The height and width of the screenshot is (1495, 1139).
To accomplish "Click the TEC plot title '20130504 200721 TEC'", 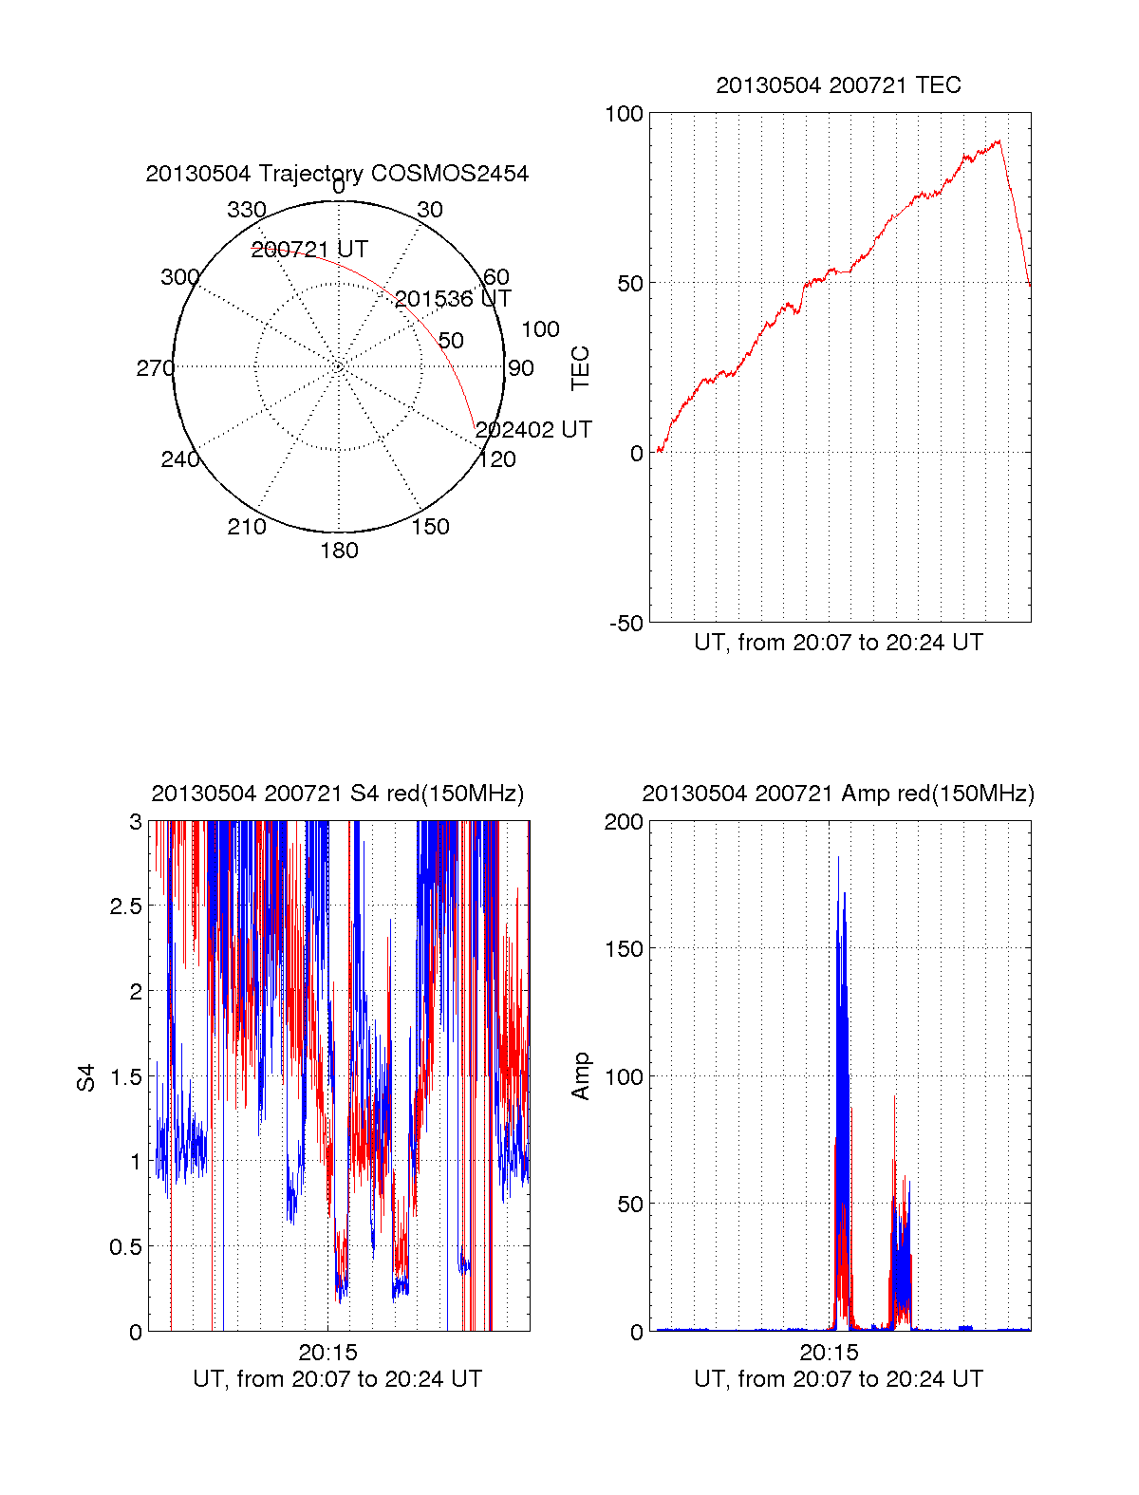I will coord(838,85).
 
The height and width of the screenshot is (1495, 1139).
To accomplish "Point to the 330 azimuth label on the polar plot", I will coord(247,210).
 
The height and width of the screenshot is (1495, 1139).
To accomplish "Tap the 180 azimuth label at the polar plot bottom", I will coord(339,551).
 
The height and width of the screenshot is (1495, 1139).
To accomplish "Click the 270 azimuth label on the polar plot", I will coord(156,368).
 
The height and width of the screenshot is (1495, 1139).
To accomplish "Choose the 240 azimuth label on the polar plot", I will coord(180,459).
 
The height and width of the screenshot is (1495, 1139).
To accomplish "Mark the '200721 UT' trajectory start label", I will coord(309,250).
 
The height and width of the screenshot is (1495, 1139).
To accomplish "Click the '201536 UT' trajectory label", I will coord(453,299).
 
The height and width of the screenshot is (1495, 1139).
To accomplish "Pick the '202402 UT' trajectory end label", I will coord(533,430).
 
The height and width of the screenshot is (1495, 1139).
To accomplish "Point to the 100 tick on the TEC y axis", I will coord(624,115).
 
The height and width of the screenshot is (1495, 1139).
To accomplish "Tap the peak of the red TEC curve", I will coord(998,141).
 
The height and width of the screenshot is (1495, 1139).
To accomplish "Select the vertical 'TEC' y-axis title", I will coord(580,368).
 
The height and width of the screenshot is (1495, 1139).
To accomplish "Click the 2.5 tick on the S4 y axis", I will coord(125,906).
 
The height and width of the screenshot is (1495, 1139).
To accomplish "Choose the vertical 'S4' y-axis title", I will coord(86,1077).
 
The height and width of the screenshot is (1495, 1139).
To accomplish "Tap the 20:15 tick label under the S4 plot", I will coord(327,1352).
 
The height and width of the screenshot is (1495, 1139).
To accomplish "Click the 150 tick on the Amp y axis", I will coord(624,949).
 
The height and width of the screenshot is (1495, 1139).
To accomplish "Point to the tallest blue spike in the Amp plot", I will coord(838,858).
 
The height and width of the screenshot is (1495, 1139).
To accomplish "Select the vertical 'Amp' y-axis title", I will coord(580,1076).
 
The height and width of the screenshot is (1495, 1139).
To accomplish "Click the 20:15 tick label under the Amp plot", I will coord(829,1352).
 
